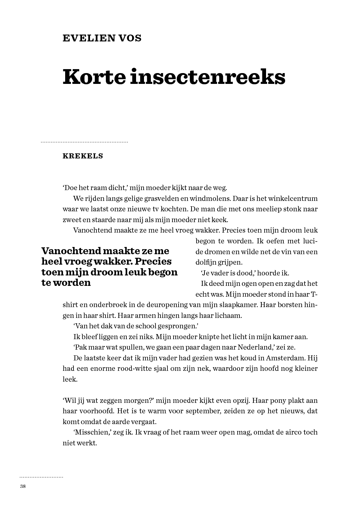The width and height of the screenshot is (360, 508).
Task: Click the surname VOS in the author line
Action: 130,38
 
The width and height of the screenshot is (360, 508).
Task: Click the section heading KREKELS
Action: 83,156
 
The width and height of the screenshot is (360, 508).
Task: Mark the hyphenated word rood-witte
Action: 137,369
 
